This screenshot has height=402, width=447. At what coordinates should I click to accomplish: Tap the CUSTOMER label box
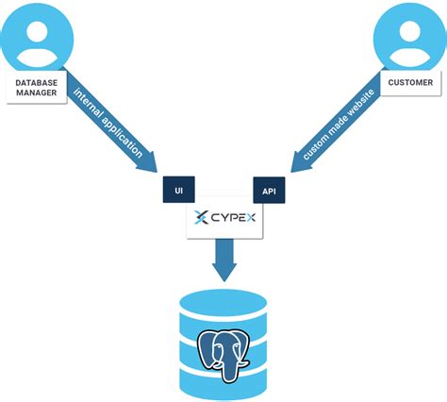(410, 83)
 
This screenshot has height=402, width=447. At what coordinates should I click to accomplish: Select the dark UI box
(178, 191)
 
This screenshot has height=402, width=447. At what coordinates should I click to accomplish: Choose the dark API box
(269, 192)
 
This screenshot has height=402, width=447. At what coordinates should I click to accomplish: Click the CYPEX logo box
(223, 220)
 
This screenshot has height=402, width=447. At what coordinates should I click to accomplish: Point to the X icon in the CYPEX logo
(200, 220)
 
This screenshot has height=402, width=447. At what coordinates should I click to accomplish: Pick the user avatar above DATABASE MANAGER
(36, 36)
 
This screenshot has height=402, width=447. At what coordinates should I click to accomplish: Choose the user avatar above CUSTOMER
(409, 36)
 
